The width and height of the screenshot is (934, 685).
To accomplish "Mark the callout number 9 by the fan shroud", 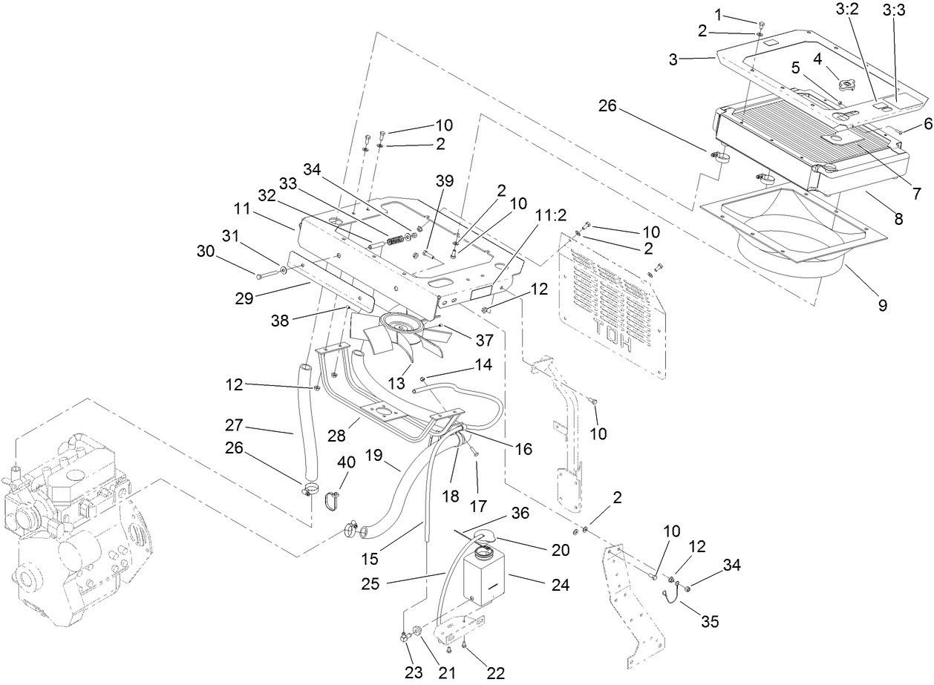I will (883, 304).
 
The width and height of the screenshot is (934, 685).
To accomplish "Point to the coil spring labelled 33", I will (398, 240).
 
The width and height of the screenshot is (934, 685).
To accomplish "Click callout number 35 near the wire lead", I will (710, 621).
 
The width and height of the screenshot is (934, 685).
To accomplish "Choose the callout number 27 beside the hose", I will (234, 426).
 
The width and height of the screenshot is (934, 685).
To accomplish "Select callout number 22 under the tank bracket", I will (495, 672).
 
